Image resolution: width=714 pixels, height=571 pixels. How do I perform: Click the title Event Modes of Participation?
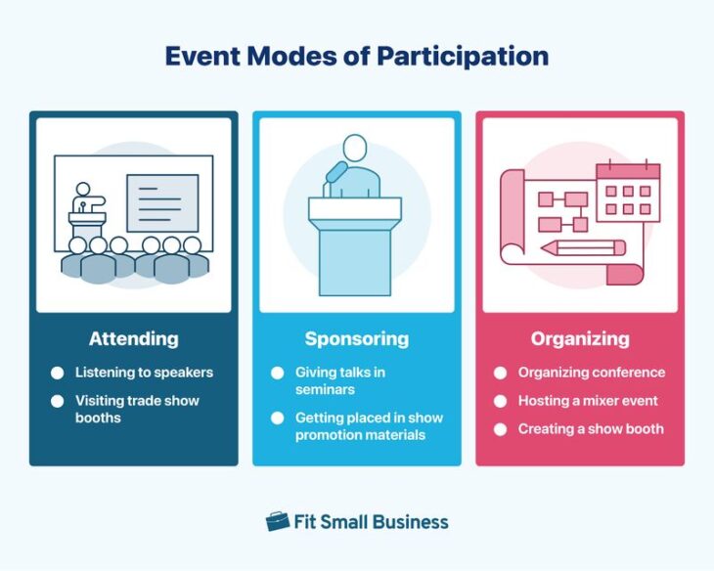356,56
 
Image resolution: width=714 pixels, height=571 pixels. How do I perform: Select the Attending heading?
133,339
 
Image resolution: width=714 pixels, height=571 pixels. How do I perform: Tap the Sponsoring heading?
356,339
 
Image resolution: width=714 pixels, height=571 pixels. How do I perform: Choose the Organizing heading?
580,339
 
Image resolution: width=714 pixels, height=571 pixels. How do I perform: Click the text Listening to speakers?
144,373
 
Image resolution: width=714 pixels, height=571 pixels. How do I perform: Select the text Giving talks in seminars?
339,380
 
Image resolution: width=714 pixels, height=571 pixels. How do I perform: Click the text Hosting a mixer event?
588,401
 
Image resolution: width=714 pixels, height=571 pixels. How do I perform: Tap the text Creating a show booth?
591,429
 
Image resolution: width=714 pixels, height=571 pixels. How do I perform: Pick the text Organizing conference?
592,373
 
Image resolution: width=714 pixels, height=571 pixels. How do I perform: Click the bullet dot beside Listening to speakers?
57,373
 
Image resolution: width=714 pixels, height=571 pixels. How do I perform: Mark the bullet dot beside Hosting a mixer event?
500,402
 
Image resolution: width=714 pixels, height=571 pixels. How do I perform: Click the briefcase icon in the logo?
278,521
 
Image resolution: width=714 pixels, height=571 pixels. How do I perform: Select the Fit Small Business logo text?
371,522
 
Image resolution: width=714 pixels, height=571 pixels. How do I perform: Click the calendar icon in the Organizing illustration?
627,191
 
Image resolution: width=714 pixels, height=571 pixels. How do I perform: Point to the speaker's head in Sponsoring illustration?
354,148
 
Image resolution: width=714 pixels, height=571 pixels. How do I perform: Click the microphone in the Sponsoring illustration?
335,175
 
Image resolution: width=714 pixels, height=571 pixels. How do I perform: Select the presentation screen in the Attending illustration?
162,202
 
